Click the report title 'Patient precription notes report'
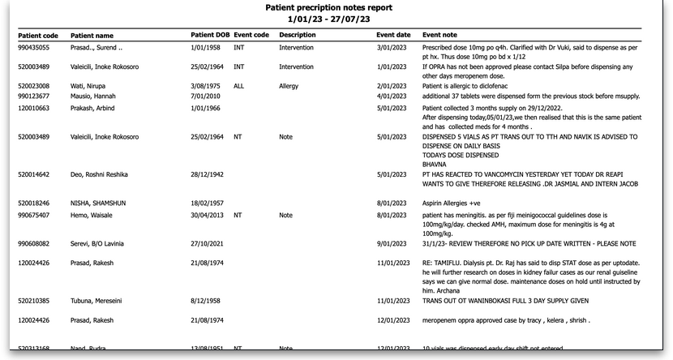329,7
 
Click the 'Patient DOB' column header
210,35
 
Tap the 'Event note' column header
439,35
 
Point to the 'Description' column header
297,35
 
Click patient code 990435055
36,48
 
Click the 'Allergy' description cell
289,85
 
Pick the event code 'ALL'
238,85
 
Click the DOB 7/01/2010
207,96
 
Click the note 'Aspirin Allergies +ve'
453,202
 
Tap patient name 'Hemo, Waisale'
92,215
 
